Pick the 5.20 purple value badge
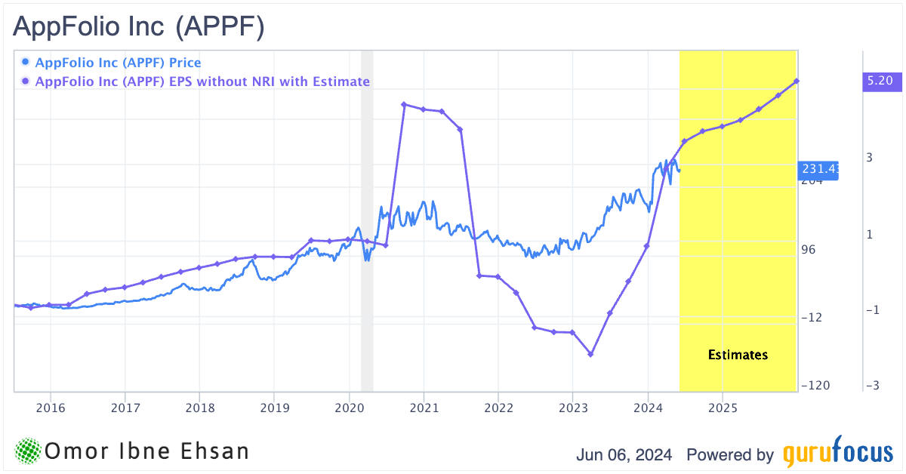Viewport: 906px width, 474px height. (x=881, y=81)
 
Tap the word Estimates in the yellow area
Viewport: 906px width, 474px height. (x=738, y=355)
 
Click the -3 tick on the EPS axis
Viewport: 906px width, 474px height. (x=872, y=386)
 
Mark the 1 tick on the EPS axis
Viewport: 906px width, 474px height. (x=871, y=234)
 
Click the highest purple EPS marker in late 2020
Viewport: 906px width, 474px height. (x=404, y=104)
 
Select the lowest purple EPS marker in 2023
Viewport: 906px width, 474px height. (x=591, y=354)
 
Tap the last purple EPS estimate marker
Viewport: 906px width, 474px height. (x=797, y=81)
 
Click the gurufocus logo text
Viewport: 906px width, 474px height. (x=837, y=454)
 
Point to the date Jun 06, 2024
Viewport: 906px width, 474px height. (x=625, y=455)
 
